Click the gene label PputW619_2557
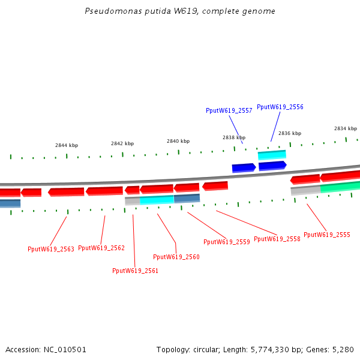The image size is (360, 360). [229, 110]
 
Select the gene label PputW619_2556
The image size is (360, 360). [280, 107]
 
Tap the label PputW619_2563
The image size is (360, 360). [51, 249]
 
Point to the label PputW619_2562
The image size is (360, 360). [101, 248]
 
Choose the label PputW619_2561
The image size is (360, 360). [135, 271]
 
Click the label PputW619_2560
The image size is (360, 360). [176, 257]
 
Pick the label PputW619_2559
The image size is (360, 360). [226, 242]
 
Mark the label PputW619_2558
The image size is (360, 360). [277, 239]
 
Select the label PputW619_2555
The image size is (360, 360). [327, 235]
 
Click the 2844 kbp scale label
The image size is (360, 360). [67, 145]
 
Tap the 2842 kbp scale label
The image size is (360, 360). [122, 143]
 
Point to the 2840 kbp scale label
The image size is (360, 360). [178, 141]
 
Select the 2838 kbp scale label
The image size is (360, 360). [234, 137]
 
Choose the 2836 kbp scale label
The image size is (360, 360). [290, 133]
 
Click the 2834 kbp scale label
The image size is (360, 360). [346, 128]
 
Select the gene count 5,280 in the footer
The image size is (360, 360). [343, 349]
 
